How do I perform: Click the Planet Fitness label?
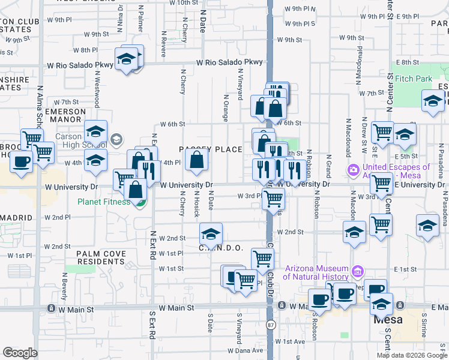tap(103, 201)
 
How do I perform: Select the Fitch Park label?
tap(414, 79)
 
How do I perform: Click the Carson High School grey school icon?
tap(116, 140)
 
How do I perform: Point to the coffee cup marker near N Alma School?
tap(22, 163)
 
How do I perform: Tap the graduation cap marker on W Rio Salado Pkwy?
tap(126, 59)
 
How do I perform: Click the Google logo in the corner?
tap(20, 353)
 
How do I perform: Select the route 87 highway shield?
tap(270, 325)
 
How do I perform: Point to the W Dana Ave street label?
tap(249, 350)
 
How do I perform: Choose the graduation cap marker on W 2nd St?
tap(211, 233)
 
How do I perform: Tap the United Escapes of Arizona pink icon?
tap(353, 171)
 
